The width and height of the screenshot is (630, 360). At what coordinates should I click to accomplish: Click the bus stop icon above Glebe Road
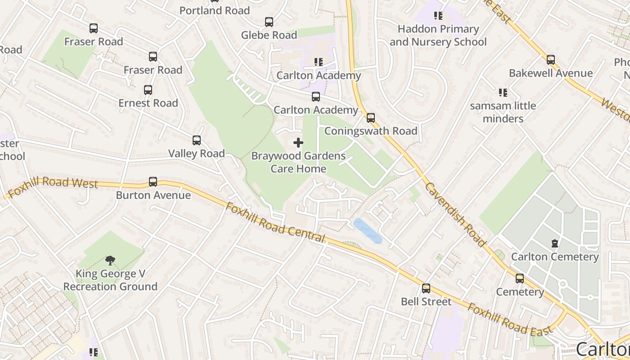click(x=269, y=22)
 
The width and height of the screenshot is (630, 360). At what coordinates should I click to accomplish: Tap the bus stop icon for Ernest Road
click(x=148, y=90)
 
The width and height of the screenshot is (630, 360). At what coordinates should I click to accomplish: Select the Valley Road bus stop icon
click(x=197, y=140)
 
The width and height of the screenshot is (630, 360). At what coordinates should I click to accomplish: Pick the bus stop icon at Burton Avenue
click(x=153, y=182)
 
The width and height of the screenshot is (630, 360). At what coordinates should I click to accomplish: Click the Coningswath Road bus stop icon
click(x=370, y=118)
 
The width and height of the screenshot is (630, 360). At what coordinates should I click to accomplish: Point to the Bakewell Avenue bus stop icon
click(x=550, y=60)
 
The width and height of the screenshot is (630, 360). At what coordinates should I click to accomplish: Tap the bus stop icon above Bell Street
click(x=426, y=288)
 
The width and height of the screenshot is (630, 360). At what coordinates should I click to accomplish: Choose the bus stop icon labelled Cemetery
click(x=520, y=279)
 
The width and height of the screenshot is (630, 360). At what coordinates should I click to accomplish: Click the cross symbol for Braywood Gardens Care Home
click(x=298, y=143)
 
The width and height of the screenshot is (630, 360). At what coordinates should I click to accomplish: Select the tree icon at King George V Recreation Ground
click(x=110, y=260)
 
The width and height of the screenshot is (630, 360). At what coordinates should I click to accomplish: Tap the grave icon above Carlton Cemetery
click(x=554, y=243)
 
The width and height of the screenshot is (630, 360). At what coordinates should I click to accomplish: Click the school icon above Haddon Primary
click(x=438, y=16)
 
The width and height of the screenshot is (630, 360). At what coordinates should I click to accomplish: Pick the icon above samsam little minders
click(x=503, y=93)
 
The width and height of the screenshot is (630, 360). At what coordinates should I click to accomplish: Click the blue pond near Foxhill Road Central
click(x=368, y=230)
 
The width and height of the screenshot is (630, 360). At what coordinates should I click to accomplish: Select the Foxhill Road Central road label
click(x=275, y=223)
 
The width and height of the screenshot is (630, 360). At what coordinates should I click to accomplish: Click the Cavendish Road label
click(x=455, y=215)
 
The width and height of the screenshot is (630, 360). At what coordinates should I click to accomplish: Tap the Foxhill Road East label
click(x=509, y=319)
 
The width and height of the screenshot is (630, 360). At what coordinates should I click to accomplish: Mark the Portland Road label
click(x=214, y=10)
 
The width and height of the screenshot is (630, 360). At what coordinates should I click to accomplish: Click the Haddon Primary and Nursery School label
click(x=438, y=36)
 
